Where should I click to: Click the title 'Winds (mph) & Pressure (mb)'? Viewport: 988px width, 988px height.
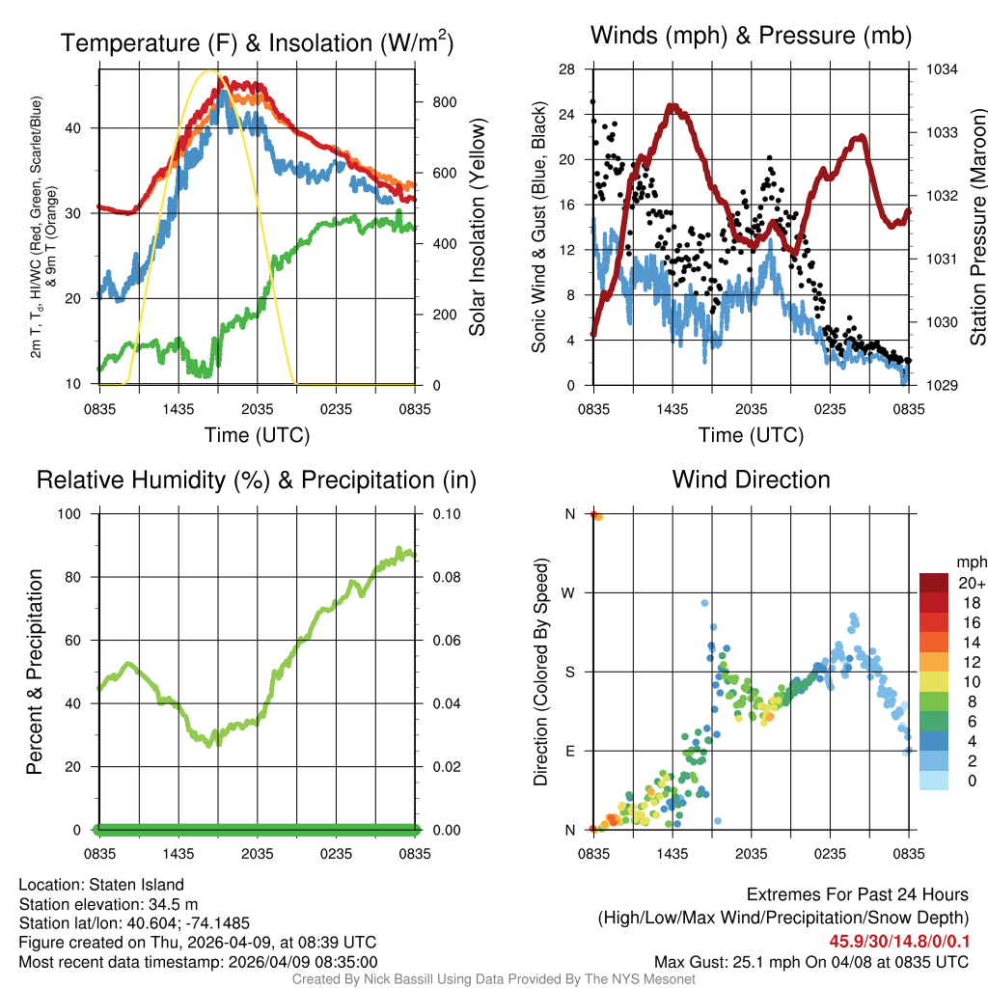(751, 37)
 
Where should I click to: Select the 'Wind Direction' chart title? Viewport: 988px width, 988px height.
(751, 480)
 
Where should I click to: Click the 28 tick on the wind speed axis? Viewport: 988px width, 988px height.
(567, 69)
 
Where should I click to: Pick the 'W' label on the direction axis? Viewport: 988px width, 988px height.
(570, 592)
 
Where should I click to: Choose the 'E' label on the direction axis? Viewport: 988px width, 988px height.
(570, 751)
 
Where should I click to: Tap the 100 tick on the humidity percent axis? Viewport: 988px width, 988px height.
(76, 514)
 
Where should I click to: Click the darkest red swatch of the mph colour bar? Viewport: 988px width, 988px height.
(933, 583)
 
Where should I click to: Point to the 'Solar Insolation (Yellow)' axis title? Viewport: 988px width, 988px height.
(478, 228)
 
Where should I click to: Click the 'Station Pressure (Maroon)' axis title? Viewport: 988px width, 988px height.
(977, 228)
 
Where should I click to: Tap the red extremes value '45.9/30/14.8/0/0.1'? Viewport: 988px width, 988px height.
(898, 941)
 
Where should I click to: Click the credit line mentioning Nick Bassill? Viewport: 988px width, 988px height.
(494, 979)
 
